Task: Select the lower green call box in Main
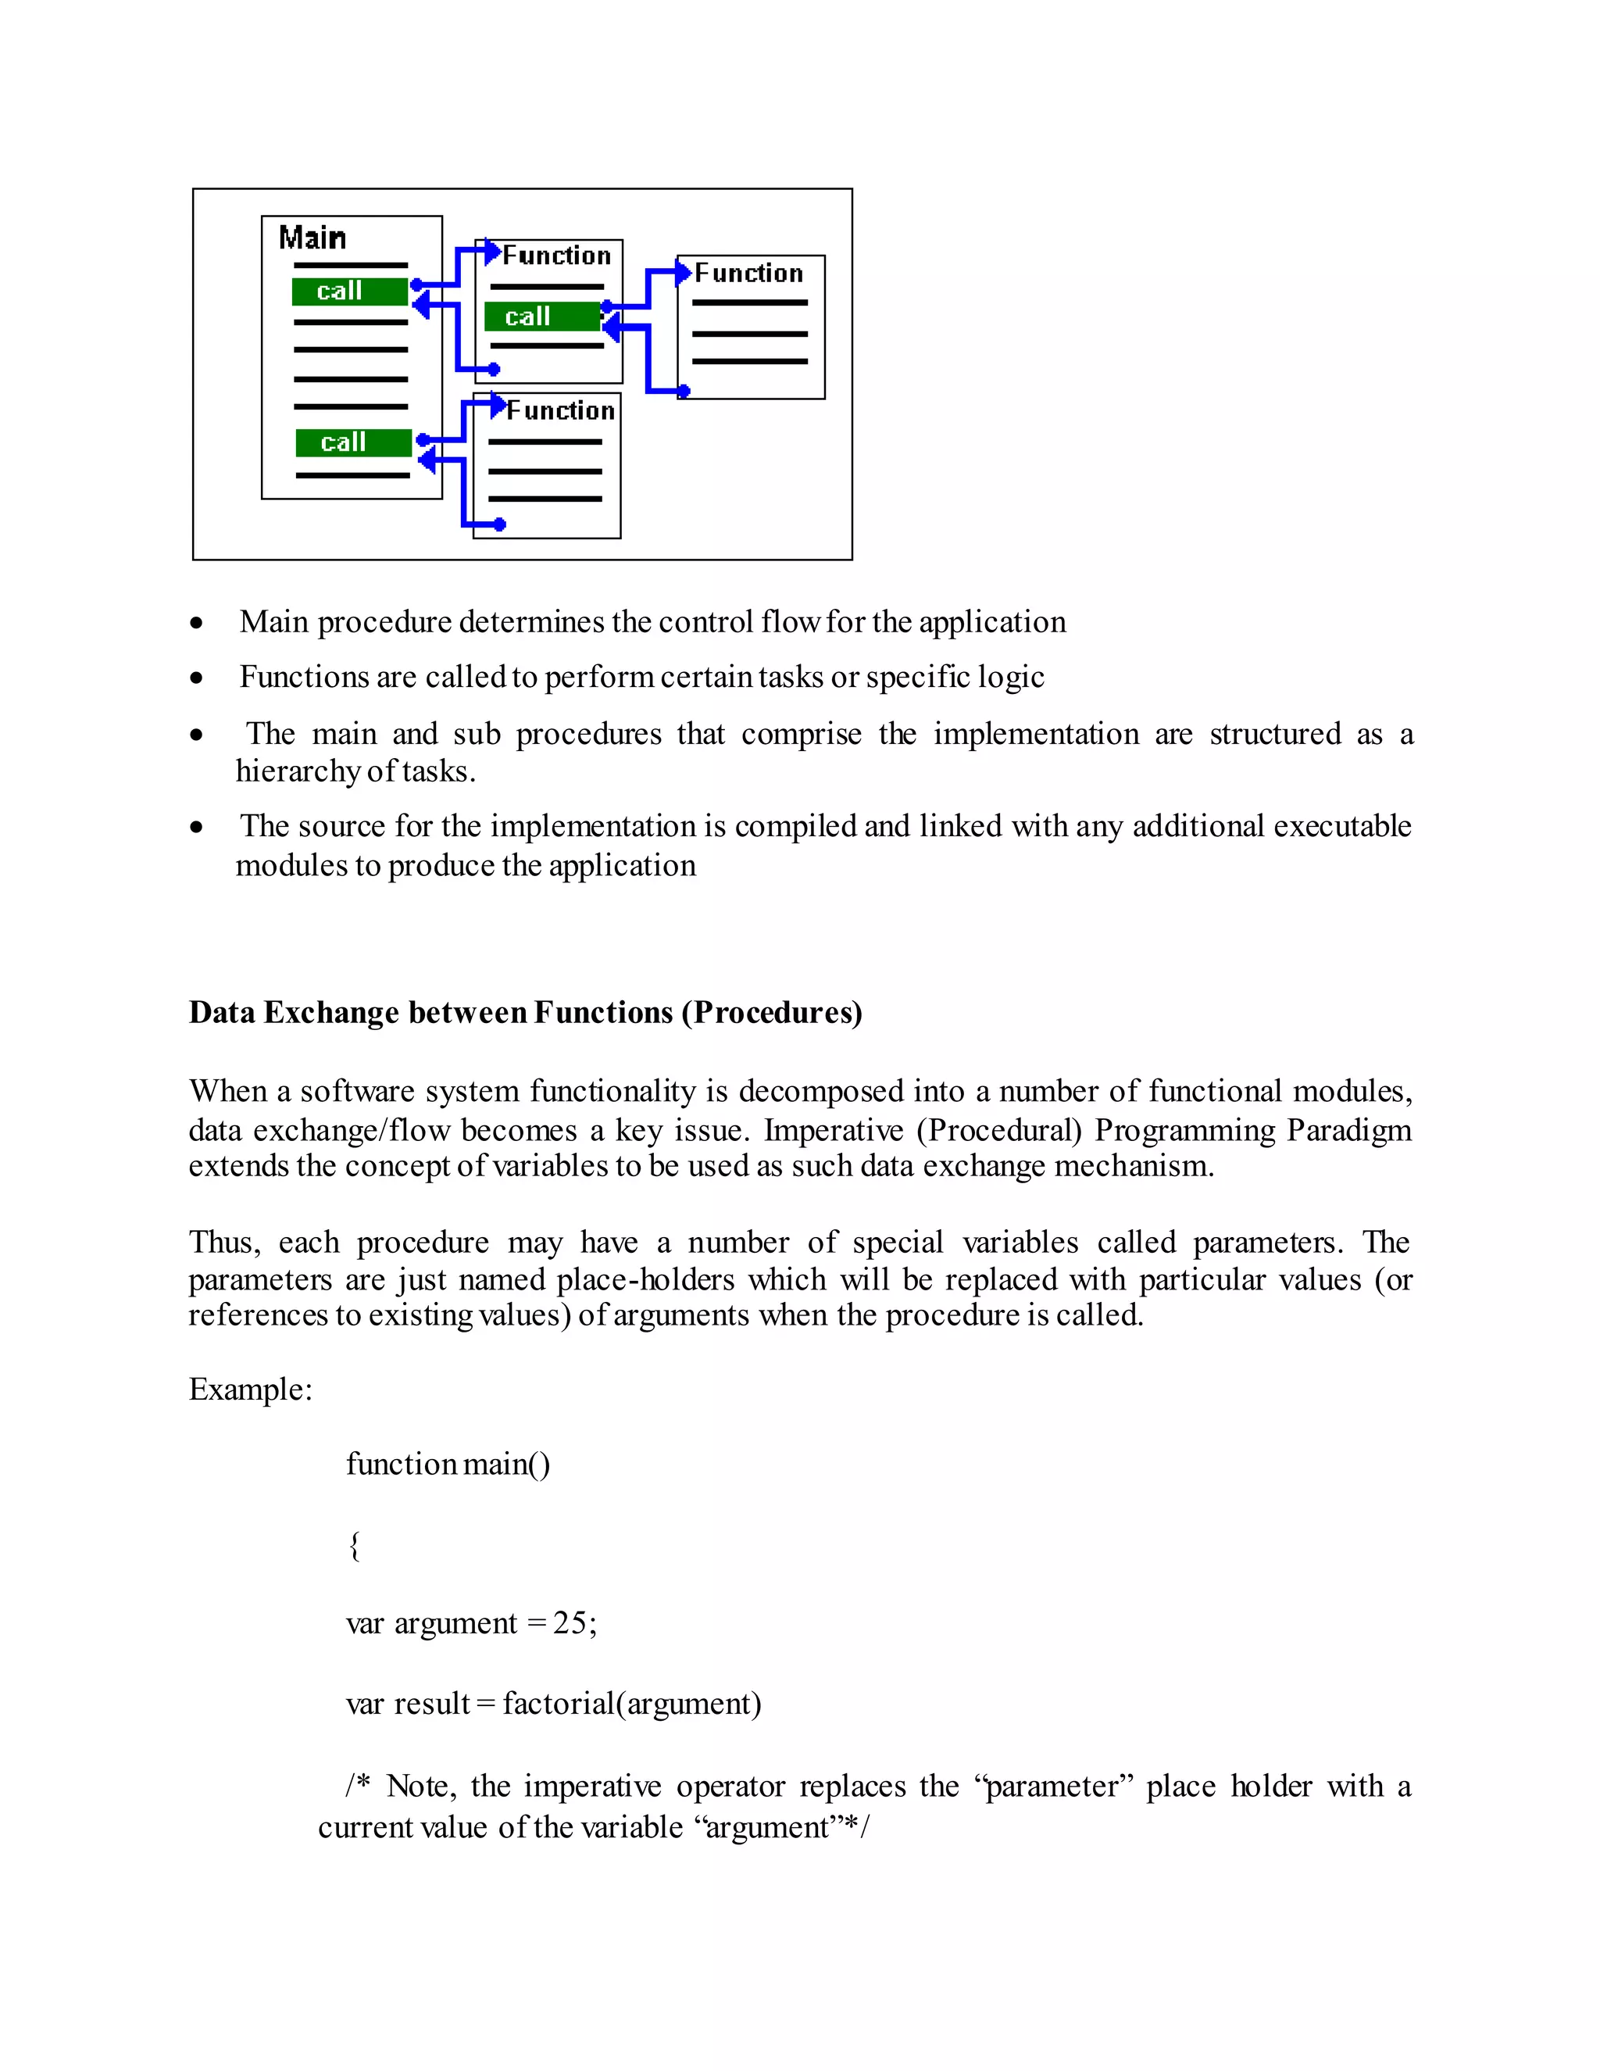tap(352, 443)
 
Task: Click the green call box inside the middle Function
tap(541, 317)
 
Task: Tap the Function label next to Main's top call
tap(556, 255)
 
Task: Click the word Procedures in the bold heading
tap(770, 1013)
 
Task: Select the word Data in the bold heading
tap(222, 1013)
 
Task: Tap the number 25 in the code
tap(570, 1622)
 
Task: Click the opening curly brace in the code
tap(355, 1546)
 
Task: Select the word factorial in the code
tap(559, 1703)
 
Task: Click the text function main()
tap(448, 1464)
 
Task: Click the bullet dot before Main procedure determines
tap(196, 624)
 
